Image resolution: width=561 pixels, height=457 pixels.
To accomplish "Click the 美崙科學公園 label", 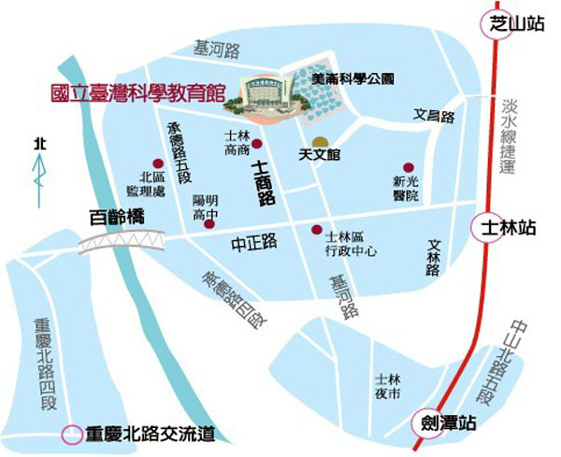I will click(x=353, y=81).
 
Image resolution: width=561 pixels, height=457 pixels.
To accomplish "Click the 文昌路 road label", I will click(x=434, y=117).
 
